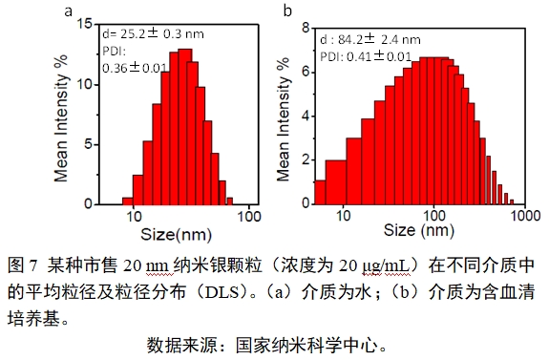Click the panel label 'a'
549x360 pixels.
tap(67, 11)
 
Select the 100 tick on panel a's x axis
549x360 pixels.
tap(250, 217)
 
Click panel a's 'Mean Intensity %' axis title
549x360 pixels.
tap(60, 113)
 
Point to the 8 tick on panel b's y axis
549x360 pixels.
tap(307, 28)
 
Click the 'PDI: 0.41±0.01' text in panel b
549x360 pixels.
tap(366, 56)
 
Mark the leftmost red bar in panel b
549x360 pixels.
tap(319, 192)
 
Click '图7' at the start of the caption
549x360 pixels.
tap(21, 262)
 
